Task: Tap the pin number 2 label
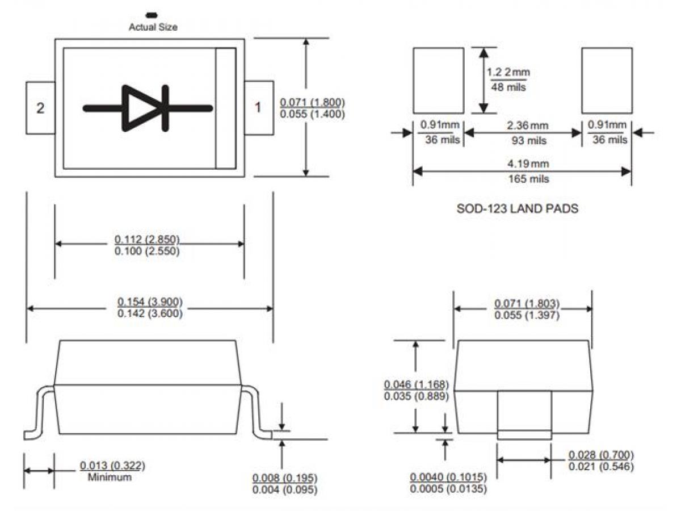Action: pos(40,108)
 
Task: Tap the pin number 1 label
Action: pos(258,107)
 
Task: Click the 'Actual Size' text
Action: pos(153,27)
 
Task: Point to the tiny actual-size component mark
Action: pos(152,14)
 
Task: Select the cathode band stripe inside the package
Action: pos(225,108)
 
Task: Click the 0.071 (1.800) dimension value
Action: pos(313,102)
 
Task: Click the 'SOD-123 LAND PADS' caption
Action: pos(518,209)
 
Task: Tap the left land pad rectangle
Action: pos(438,81)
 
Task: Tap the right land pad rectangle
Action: pos(607,81)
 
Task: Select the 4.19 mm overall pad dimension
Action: pos(521,165)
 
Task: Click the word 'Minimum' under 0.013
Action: pos(110,478)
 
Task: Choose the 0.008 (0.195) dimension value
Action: pos(285,478)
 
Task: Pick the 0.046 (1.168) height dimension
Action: pos(417,384)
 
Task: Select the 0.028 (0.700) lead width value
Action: pos(601,455)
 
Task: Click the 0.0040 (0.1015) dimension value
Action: pos(448,476)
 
